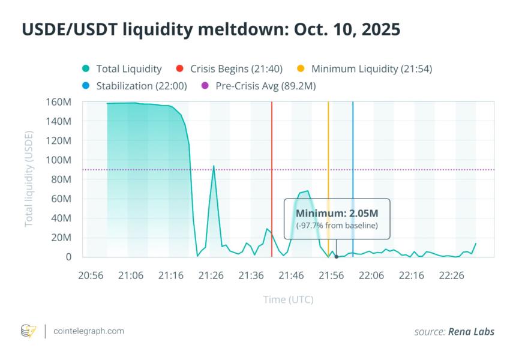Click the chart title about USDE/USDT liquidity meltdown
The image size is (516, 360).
click(x=211, y=29)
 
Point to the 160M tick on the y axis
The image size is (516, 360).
click(x=59, y=101)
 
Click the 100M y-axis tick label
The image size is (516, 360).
click(x=59, y=160)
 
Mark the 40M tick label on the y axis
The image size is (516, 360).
click(x=61, y=218)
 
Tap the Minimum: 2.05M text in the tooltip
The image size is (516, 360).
click(x=337, y=213)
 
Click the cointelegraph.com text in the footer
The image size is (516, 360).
click(x=89, y=331)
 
